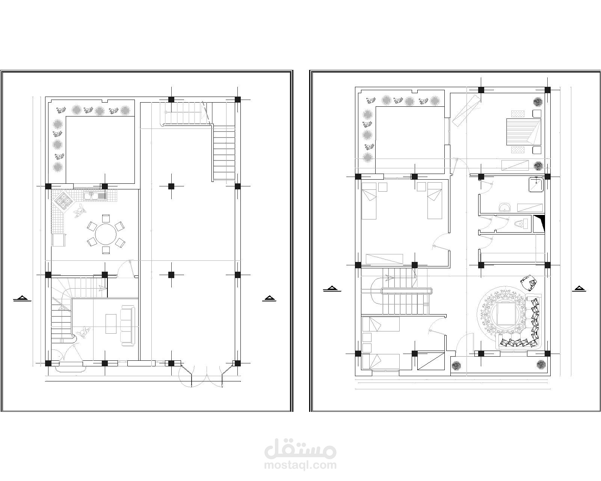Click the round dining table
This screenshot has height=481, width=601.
[106, 234]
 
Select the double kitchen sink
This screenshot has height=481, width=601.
[95, 196]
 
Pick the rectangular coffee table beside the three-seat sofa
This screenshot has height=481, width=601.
[111, 324]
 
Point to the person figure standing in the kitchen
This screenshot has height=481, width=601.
[80, 211]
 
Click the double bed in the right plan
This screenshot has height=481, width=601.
[524, 132]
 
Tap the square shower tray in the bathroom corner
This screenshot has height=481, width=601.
[536, 185]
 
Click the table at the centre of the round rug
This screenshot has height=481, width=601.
[505, 314]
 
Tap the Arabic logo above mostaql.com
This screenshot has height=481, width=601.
[300, 447]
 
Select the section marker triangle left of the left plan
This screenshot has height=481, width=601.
[22, 299]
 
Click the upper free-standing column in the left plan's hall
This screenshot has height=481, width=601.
[171, 186]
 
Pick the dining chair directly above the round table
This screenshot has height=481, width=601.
[106, 218]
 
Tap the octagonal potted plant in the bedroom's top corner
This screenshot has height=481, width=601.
[537, 101]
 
